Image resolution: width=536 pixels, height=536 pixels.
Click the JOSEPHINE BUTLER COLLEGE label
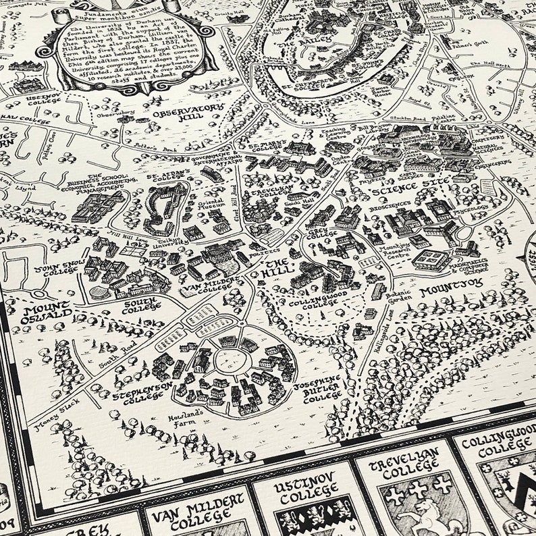click(x=323, y=390)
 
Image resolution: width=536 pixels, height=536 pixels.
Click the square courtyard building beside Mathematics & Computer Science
click(x=432, y=259)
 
